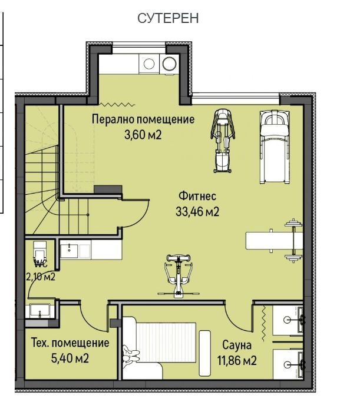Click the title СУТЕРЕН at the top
pos(168,18)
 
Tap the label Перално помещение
pos(143,119)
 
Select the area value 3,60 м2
pos(143,135)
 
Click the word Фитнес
pos(197,196)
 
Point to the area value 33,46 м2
pos(197,212)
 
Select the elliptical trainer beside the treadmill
pos(222,139)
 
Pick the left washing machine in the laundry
pos(148,63)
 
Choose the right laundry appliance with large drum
pos(170,63)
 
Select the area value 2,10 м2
pos(40,276)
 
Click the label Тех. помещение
pos(70,343)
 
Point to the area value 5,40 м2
pos(70,358)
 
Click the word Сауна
pos(237,345)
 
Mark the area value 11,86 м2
pos(237,360)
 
